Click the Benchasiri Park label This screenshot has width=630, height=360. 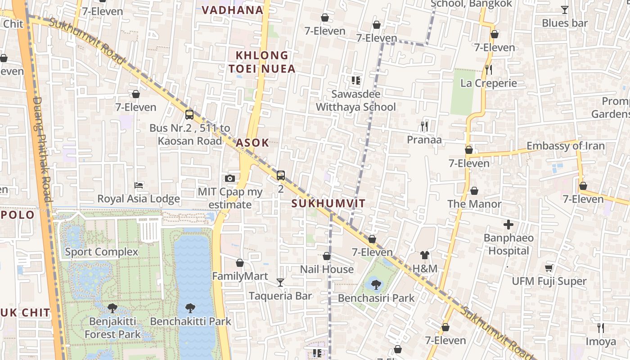(x=376, y=298)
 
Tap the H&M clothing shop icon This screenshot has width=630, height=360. (x=424, y=255)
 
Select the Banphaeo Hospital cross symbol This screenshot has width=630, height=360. (x=508, y=224)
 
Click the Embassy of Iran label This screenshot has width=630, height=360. (x=566, y=146)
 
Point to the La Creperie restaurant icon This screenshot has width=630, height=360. (x=489, y=69)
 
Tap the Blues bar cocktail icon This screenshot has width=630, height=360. (x=564, y=9)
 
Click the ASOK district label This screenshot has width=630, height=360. (x=252, y=143)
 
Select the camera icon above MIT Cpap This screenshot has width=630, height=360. (x=230, y=178)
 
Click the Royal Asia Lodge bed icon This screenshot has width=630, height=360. (x=139, y=185)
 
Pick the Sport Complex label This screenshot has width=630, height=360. (x=101, y=252)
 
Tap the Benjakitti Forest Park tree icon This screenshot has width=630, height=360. (x=112, y=308)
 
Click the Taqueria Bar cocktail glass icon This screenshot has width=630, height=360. (x=280, y=282)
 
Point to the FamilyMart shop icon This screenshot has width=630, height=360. (x=240, y=263)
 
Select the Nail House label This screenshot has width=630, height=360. (x=327, y=269)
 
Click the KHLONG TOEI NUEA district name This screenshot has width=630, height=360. (x=262, y=62)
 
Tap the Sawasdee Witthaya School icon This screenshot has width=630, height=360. (x=355, y=81)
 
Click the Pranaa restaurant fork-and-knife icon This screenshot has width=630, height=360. (x=424, y=126)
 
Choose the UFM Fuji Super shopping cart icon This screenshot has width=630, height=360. (x=549, y=268)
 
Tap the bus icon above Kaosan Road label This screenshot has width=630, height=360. (x=189, y=114)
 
